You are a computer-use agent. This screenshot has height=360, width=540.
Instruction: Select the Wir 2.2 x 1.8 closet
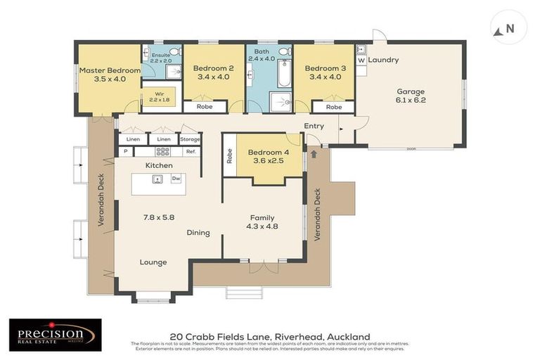click(161, 96)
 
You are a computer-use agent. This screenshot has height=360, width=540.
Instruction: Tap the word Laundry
click(383, 60)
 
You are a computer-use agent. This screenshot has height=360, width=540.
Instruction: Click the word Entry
click(314, 126)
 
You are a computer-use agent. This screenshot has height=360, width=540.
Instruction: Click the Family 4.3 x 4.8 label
click(261, 222)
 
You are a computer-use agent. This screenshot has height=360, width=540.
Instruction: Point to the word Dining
click(198, 233)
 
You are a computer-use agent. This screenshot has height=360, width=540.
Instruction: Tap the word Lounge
click(153, 262)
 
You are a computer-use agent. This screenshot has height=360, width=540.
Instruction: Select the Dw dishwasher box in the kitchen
click(175, 179)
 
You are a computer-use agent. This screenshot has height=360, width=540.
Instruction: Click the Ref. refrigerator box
click(190, 151)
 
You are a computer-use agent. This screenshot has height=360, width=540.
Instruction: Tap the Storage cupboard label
click(190, 139)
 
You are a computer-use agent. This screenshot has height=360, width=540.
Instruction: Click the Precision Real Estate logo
click(55, 335)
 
